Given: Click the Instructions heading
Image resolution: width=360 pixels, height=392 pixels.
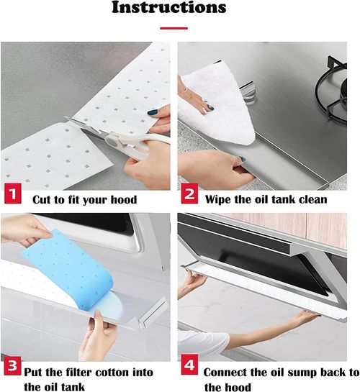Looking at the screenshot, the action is [x=169, y=7].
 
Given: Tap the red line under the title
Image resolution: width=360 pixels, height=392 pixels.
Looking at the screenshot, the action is [x=174, y=28].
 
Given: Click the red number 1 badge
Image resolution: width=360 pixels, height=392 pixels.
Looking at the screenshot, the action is [x=13, y=193].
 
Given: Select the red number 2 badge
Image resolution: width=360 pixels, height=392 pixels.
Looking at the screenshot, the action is [x=189, y=193].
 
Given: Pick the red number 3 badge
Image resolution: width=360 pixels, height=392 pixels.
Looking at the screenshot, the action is [x=13, y=366].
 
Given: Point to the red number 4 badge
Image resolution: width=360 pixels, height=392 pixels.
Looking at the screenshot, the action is [x=189, y=365].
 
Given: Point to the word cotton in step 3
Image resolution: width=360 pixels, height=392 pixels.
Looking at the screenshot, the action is [x=112, y=373].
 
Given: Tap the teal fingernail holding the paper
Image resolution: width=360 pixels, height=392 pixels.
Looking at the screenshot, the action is [x=153, y=112].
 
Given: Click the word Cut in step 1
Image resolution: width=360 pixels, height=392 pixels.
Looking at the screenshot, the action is [x=41, y=199].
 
